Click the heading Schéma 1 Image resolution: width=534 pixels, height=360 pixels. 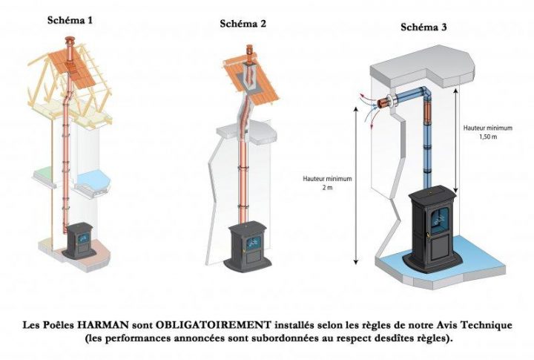click(x=70, y=20)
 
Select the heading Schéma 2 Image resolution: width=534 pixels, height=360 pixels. click(x=243, y=24)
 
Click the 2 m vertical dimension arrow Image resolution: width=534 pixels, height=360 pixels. click(x=357, y=186)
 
